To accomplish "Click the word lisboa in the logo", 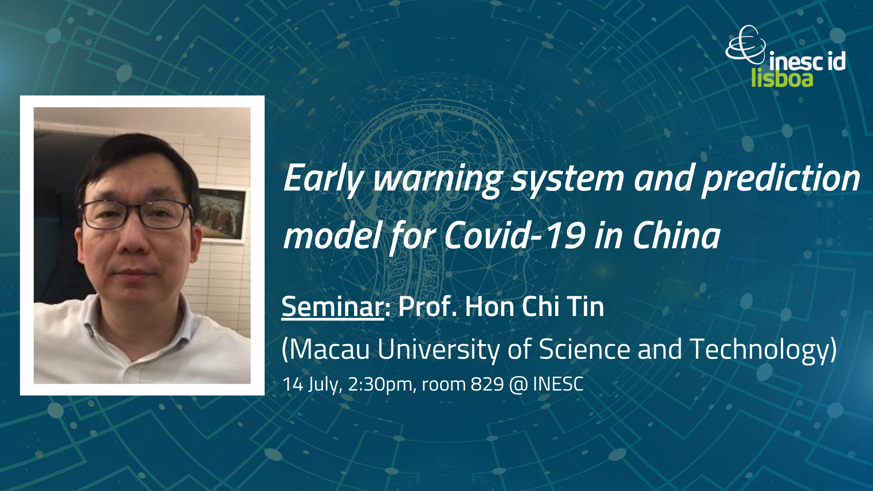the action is pyautogui.click(x=782, y=78).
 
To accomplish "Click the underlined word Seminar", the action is pyautogui.click(x=332, y=306).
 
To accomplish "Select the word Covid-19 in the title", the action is pyautogui.click(x=514, y=235).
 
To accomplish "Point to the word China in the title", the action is pyautogui.click(x=677, y=235).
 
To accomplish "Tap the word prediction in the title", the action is pyautogui.click(x=781, y=178).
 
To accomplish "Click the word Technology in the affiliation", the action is pyautogui.click(x=759, y=350).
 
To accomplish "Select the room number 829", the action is pyautogui.click(x=487, y=385).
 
